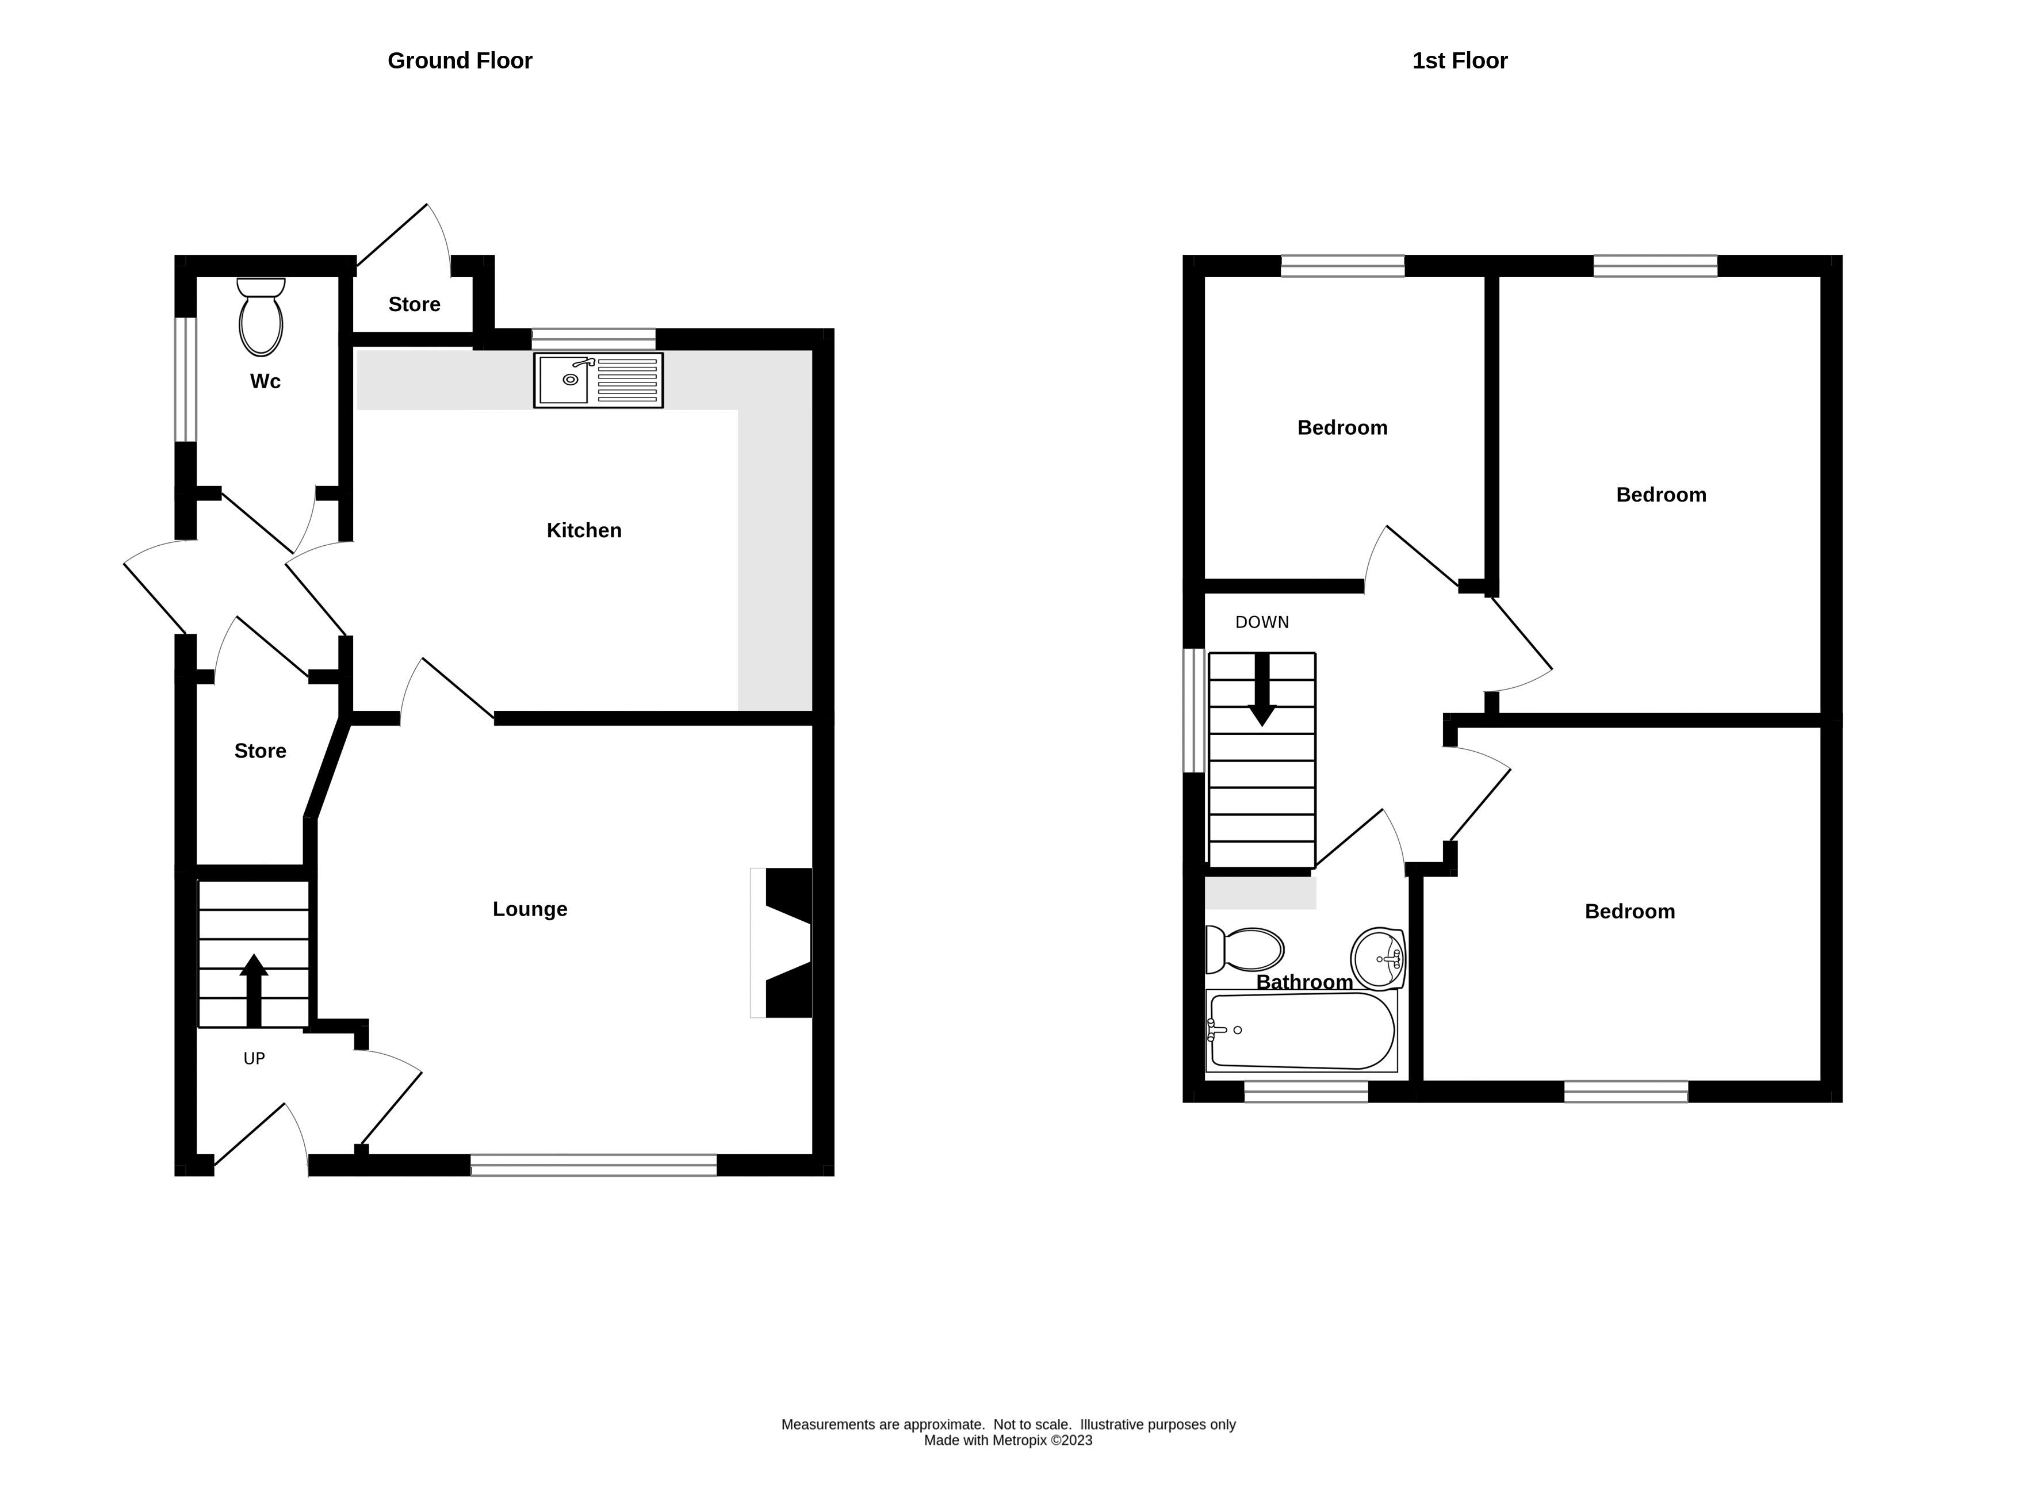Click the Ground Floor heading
460,61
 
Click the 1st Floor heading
1459,61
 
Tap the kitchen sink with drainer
598,380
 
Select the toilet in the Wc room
261,318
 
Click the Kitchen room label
584,531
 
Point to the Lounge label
530,909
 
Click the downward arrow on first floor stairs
1261,690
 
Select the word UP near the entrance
254,1059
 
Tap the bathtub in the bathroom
1301,1031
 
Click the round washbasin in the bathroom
1378,959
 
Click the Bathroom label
1304,983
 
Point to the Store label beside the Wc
414,305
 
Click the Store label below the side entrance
260,752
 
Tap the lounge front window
594,1165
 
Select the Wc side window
186,380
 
